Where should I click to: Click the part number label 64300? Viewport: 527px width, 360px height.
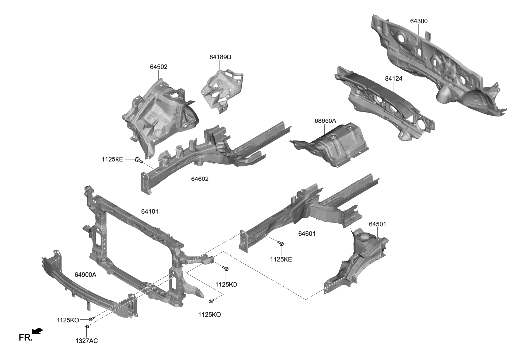[x=419, y=21]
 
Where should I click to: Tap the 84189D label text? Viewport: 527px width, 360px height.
[x=220, y=57]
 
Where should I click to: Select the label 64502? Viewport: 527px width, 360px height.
[x=158, y=66]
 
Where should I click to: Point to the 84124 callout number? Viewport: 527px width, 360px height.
[x=393, y=78]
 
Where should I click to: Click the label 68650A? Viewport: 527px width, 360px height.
[x=325, y=120]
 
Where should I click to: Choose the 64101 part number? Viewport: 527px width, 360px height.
[x=150, y=211]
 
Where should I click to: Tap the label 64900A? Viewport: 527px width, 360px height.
[x=85, y=274]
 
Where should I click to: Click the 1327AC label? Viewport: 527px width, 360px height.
[x=87, y=341]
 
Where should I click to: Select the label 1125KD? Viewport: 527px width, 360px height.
[x=226, y=284]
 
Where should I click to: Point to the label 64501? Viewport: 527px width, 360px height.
[x=377, y=224]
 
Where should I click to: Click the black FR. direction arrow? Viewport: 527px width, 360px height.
[x=37, y=331]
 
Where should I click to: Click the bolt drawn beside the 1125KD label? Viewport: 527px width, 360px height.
[x=226, y=269]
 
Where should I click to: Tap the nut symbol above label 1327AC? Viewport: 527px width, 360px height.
[x=87, y=327]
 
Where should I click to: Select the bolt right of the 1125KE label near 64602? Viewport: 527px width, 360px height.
[x=138, y=159]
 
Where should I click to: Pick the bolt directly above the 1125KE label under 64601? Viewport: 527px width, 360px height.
[x=281, y=244]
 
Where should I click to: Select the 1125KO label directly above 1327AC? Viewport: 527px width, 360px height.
[x=68, y=320]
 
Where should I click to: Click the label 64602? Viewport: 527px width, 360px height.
[x=200, y=179]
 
